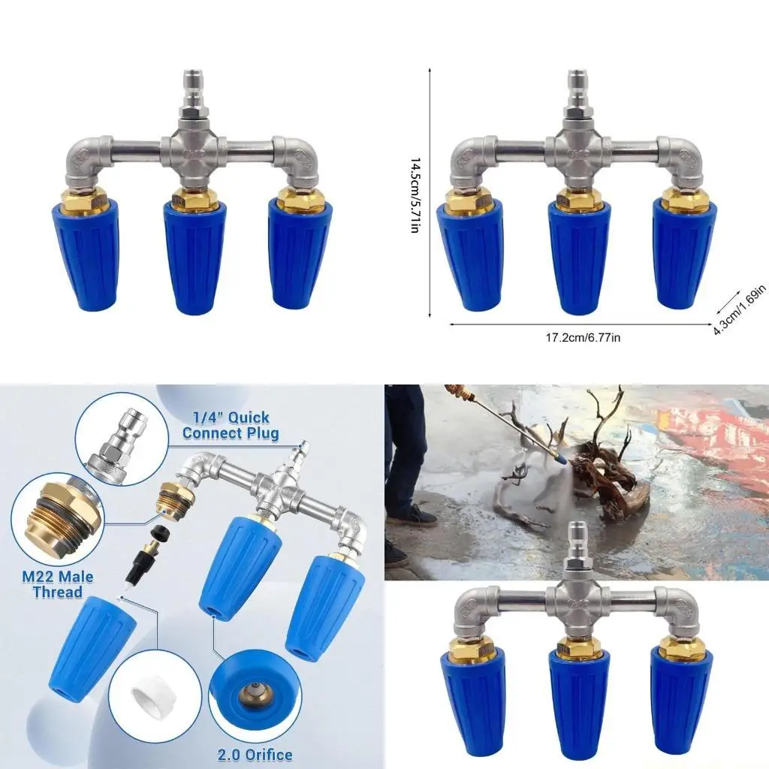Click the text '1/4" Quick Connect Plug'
[x=230, y=425]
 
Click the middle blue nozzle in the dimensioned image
[x=578, y=255]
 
